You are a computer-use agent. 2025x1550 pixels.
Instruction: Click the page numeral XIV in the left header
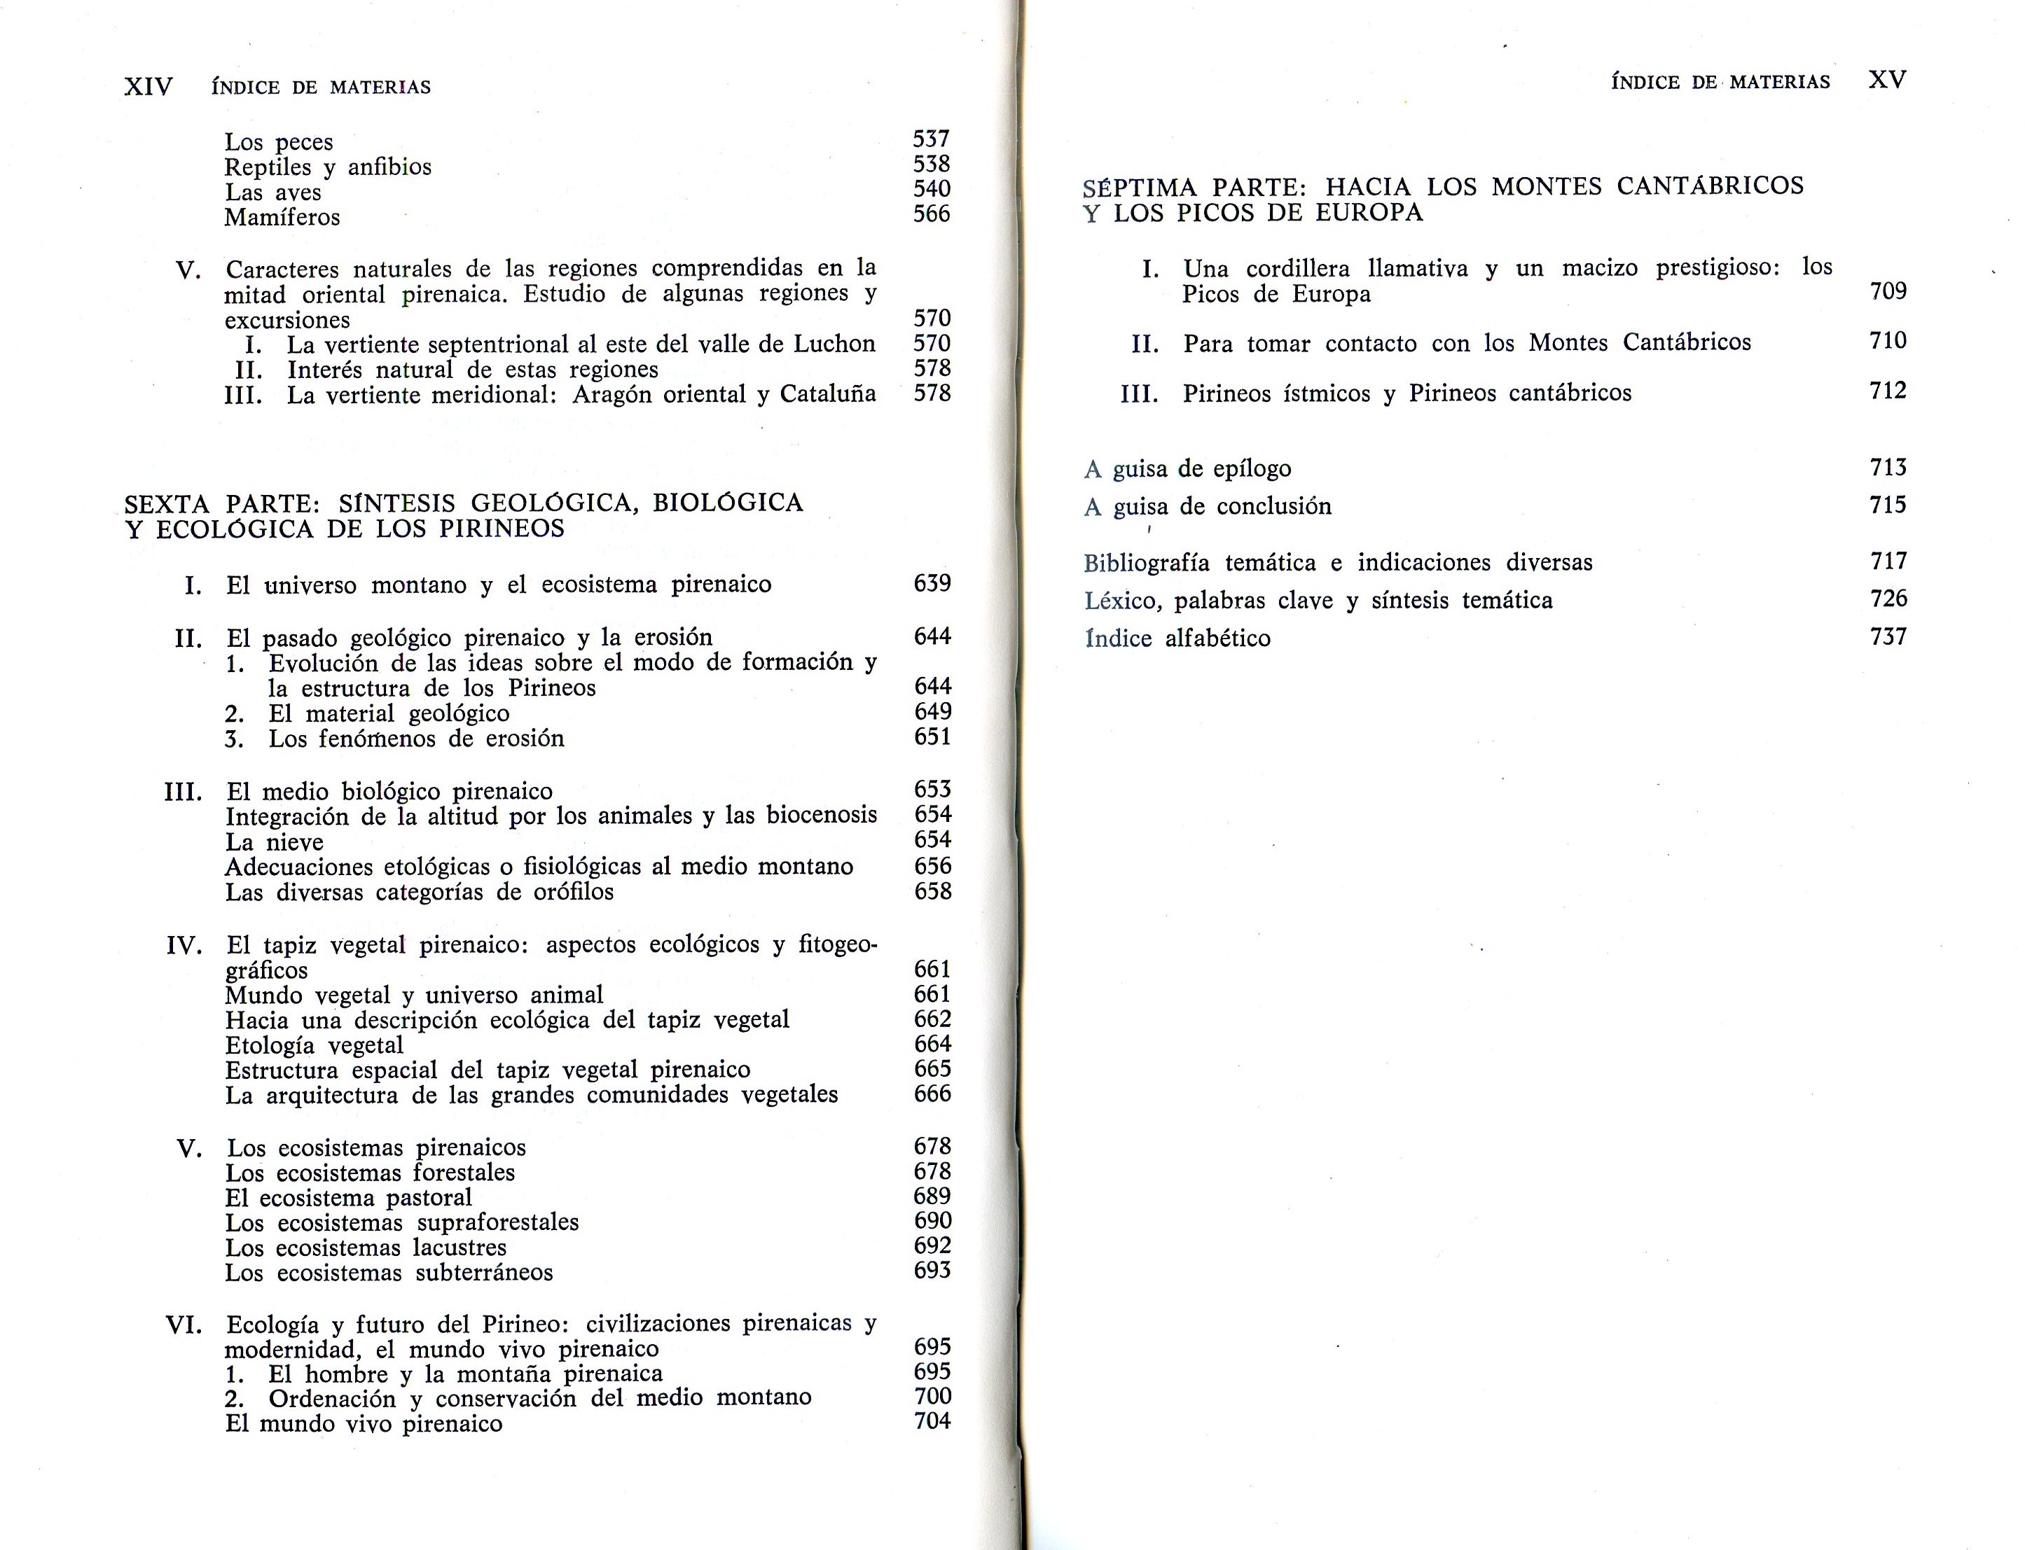pos(148,87)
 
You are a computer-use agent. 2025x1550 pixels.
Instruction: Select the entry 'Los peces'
pos(278,142)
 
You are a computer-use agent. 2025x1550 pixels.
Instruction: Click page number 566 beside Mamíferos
pos(932,214)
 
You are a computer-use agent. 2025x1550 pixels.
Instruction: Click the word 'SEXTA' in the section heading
pos(168,504)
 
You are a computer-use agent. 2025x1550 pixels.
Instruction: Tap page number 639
pos(932,583)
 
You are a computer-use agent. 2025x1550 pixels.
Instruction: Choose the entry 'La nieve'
pos(274,842)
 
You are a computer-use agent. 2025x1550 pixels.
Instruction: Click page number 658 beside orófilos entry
pos(932,891)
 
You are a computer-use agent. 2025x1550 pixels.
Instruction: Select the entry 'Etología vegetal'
pos(314,1045)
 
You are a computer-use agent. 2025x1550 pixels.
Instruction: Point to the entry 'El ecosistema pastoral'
pos(348,1198)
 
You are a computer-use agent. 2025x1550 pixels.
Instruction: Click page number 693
pos(932,1271)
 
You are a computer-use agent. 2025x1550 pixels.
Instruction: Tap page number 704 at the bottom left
pos(932,1421)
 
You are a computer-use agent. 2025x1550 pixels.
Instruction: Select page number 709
pos(1888,291)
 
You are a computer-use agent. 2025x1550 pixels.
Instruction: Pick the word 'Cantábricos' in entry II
pos(1686,342)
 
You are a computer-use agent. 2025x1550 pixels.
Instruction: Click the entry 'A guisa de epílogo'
pos(1187,468)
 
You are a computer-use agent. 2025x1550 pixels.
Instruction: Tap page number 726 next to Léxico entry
pos(1888,599)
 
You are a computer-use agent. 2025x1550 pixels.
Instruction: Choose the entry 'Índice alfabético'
pos(1177,638)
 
